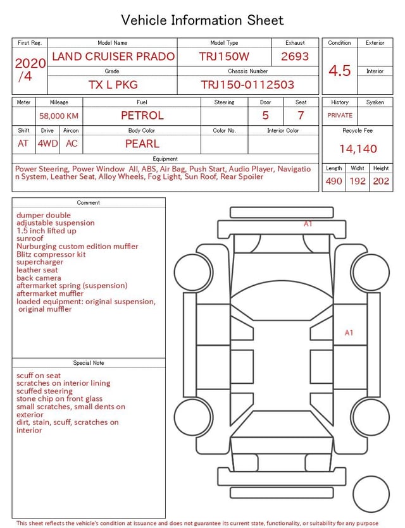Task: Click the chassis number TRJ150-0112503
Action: (247, 85)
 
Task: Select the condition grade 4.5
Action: (340, 71)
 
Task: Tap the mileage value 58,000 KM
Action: (59, 116)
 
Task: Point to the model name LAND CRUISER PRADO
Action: (113, 56)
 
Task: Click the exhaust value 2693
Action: (295, 56)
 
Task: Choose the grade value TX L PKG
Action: (113, 85)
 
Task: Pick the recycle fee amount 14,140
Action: (358, 149)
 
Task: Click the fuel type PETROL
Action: (142, 116)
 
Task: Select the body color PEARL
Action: (142, 144)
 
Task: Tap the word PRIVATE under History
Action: (340, 115)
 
